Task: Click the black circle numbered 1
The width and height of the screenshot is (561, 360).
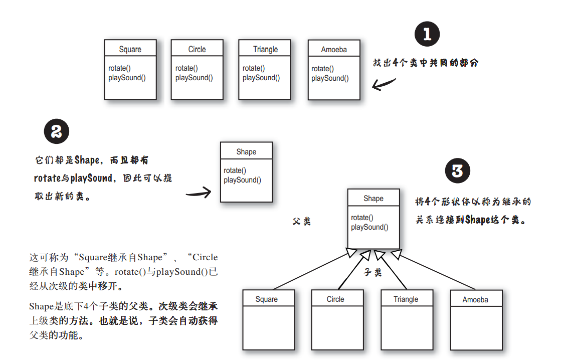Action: (x=427, y=35)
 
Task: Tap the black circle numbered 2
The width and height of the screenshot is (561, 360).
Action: (x=57, y=132)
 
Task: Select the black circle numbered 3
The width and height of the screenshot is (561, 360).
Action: (x=458, y=171)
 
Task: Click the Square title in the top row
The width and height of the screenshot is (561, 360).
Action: (x=130, y=49)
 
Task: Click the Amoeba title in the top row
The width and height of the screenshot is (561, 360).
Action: (x=334, y=50)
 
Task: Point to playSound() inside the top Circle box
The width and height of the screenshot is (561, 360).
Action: (x=194, y=78)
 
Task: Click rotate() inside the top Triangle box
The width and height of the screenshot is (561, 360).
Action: (x=254, y=68)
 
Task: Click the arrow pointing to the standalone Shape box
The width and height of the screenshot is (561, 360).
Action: (x=198, y=192)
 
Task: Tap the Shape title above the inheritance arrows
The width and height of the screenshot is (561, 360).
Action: (x=373, y=199)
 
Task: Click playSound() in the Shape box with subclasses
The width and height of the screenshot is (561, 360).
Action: (x=369, y=227)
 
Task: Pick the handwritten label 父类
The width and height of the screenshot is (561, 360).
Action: (x=302, y=221)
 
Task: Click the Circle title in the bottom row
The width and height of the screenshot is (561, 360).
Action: (x=335, y=299)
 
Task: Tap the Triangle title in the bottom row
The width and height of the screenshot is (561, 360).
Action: (x=406, y=299)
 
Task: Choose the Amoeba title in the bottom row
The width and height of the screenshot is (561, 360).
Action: (x=475, y=300)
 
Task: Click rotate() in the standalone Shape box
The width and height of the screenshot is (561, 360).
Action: (x=235, y=170)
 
